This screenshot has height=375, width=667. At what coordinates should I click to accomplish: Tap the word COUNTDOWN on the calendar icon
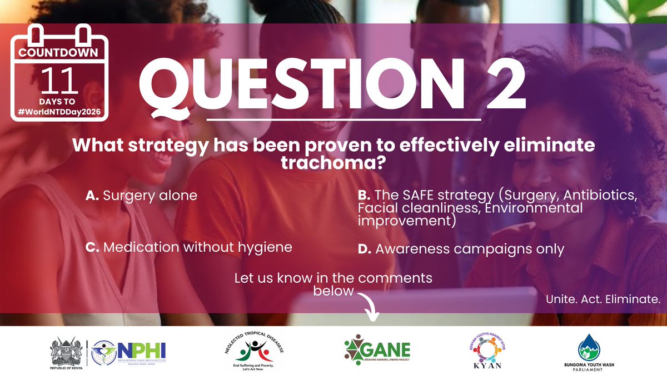[x=59, y=53]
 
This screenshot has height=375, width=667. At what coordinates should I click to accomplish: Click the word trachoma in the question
[x=334, y=165]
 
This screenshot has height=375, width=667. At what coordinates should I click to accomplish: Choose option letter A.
[x=92, y=196]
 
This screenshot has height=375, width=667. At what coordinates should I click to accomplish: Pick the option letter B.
[x=364, y=196]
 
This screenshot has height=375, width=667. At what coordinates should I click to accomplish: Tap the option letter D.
[x=364, y=249]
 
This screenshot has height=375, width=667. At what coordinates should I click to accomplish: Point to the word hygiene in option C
[x=265, y=247]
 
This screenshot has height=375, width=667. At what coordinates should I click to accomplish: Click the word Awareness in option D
[x=410, y=249]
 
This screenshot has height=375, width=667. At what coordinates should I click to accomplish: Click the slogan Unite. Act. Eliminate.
[x=603, y=299]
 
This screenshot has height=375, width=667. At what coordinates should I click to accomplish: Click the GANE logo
[x=377, y=350]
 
